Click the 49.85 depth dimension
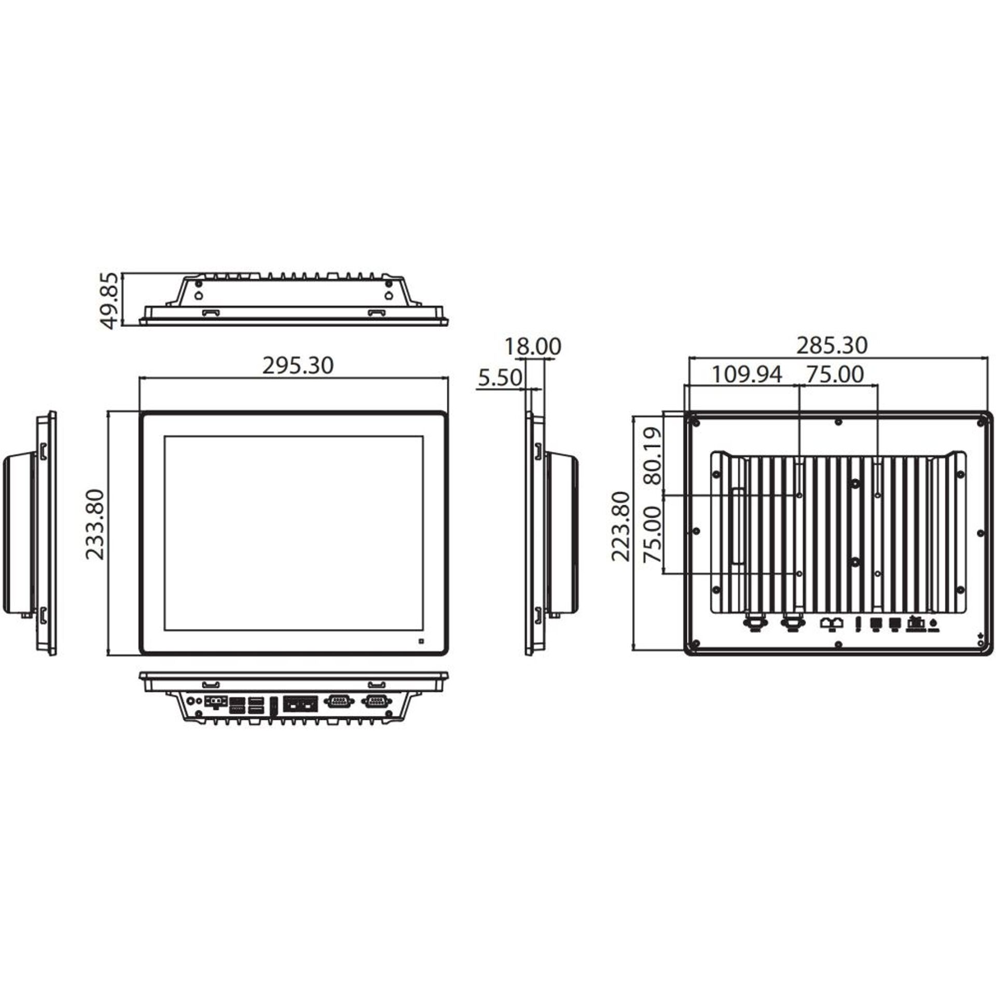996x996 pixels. pos(109,301)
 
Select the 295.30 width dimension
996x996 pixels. pos(298,366)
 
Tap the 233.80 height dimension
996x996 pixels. pos(95,524)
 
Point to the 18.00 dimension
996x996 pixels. pos(533,347)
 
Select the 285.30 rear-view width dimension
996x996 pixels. pos(832,345)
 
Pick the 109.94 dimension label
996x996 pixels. pos(746,374)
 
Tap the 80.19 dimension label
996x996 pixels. pos(653,456)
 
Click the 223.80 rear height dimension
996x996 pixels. pos(621,527)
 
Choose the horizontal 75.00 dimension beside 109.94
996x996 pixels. pos(835,374)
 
